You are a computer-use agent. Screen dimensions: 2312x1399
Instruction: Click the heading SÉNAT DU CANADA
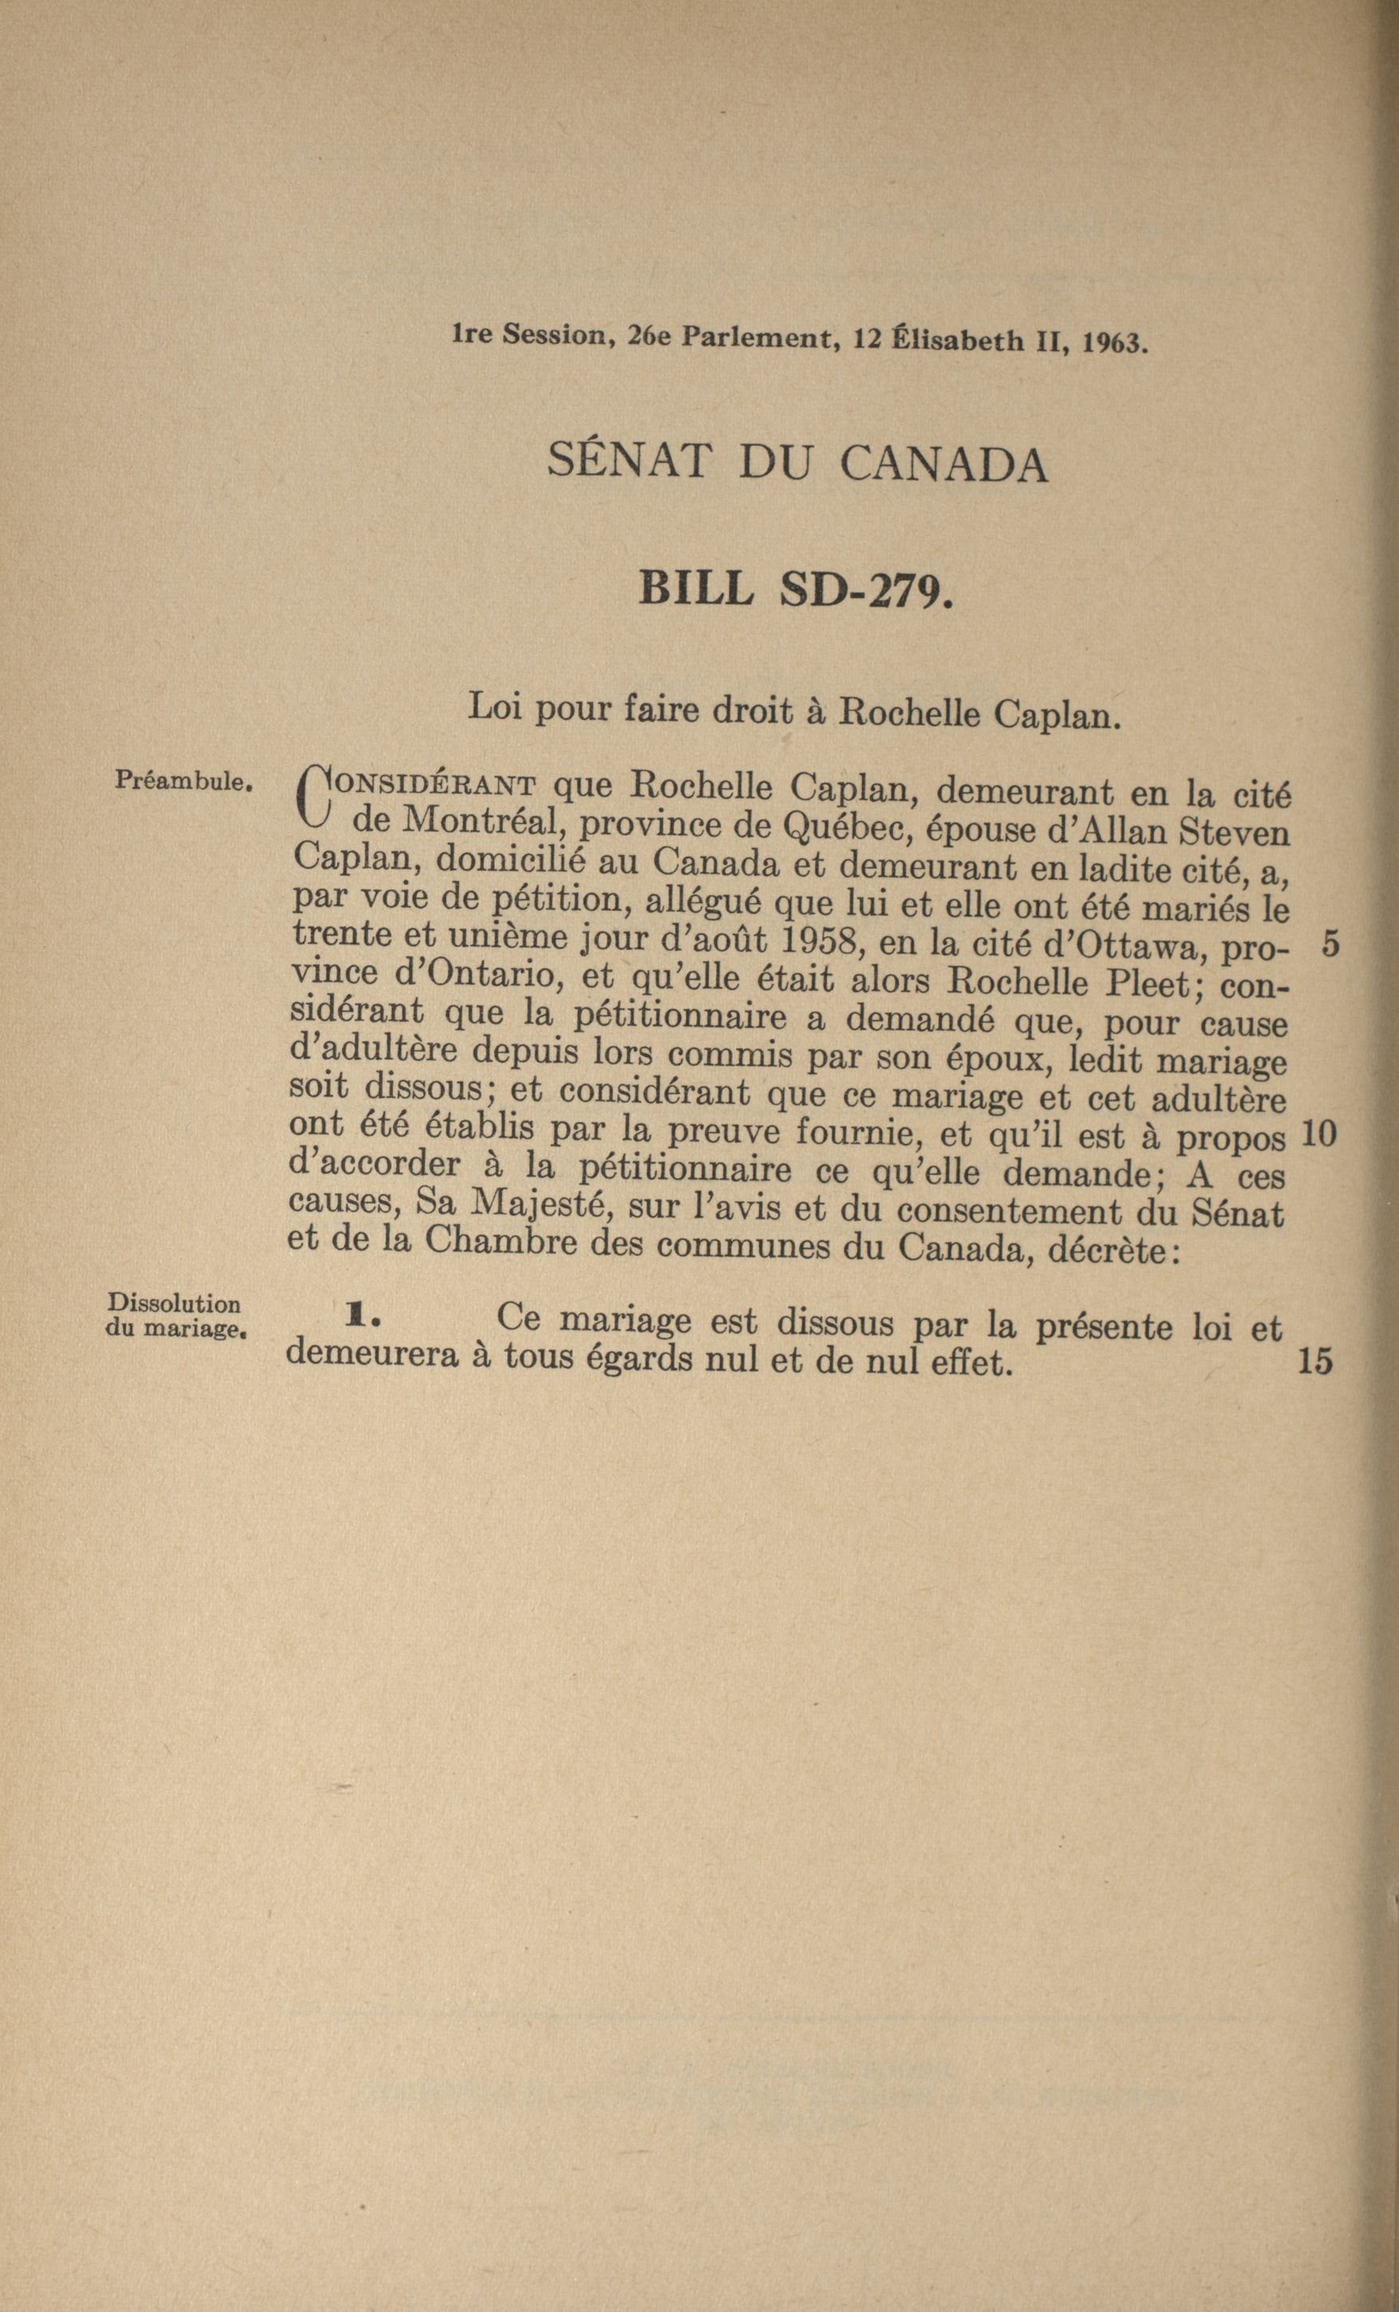pyautogui.click(x=798, y=463)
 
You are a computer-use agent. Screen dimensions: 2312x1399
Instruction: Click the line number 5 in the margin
pyautogui.click(x=1330, y=944)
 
